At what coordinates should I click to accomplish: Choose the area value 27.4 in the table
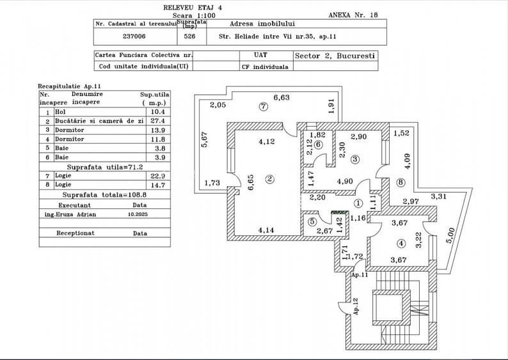click(156, 120)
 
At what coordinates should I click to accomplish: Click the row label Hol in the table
click(60, 111)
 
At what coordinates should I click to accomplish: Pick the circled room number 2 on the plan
click(270, 179)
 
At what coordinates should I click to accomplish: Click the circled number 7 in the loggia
click(262, 106)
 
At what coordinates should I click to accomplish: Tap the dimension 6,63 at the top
click(282, 98)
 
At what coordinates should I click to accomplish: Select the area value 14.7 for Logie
click(156, 184)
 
